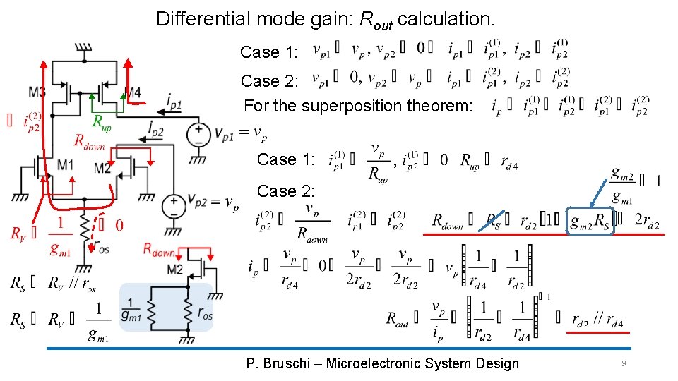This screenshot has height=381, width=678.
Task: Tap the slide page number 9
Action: pyautogui.click(x=624, y=363)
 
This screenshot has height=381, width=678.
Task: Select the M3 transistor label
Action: pyautogui.click(x=38, y=92)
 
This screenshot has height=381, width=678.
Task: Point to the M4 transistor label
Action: pyautogui.click(x=132, y=92)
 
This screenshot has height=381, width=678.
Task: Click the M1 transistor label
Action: pyautogui.click(x=65, y=164)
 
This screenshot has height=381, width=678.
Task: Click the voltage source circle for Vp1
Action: pyautogui.click(x=198, y=133)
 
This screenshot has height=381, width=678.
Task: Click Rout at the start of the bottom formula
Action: pyautogui.click(x=397, y=319)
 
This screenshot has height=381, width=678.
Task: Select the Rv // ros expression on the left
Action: pyautogui.click(x=71, y=284)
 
